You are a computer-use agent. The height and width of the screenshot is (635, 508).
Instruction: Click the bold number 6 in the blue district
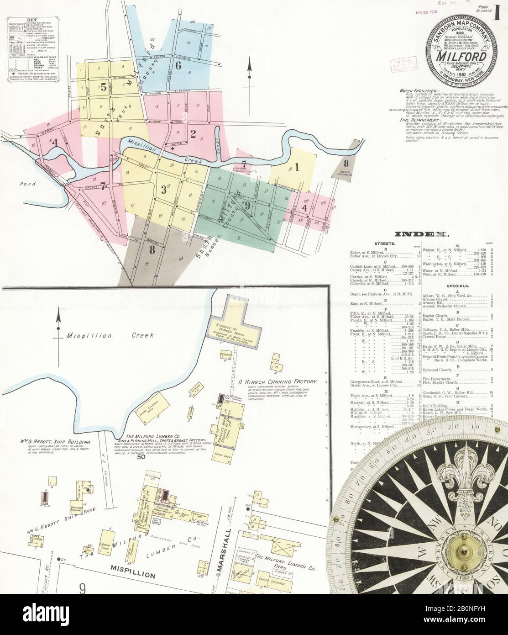pos(178,65)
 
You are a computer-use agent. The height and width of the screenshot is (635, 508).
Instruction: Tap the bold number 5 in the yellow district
pos(104,85)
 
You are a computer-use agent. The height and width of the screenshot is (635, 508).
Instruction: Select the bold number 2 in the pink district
pos(193,134)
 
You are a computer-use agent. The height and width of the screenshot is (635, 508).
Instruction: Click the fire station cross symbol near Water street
pos(173,149)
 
